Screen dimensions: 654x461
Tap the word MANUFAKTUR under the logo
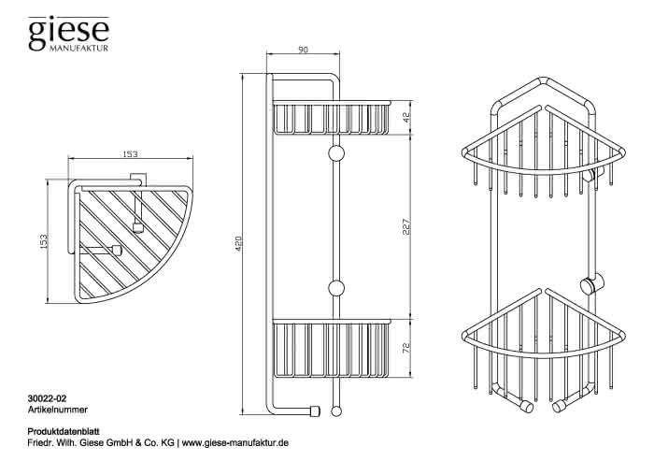(x=78, y=48)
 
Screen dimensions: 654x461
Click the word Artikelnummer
(x=58, y=410)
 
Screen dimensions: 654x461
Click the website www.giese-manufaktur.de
(x=235, y=443)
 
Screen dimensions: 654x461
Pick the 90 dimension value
(x=304, y=50)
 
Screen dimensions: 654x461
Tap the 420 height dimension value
(x=238, y=244)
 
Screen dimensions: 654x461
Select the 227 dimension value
(x=407, y=226)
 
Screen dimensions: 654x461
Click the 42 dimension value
(x=407, y=117)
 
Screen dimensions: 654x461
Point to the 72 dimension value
(x=407, y=347)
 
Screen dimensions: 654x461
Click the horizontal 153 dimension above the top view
(x=130, y=154)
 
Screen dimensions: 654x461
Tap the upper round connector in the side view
(x=336, y=153)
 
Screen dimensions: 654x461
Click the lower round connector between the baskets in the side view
(x=336, y=288)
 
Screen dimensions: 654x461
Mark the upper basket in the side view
(x=332, y=117)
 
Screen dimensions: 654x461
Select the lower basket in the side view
(x=332, y=349)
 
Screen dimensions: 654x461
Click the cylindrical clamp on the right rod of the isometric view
(x=591, y=285)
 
